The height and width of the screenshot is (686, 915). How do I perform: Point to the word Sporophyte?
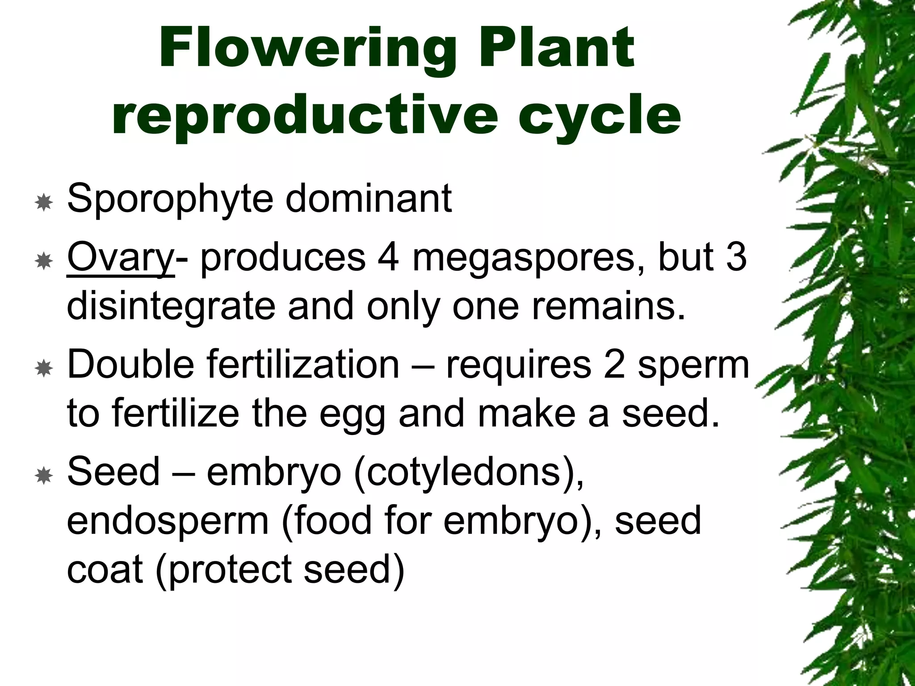tap(170, 199)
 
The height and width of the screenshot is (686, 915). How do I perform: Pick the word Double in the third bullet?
tap(130, 364)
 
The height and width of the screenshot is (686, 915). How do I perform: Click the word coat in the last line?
tap(105, 569)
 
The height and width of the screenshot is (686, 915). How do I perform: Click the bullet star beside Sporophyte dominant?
tap(44, 203)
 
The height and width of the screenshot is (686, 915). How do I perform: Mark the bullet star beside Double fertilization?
tap(44, 369)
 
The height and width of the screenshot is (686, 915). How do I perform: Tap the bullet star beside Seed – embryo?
tap(44, 477)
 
